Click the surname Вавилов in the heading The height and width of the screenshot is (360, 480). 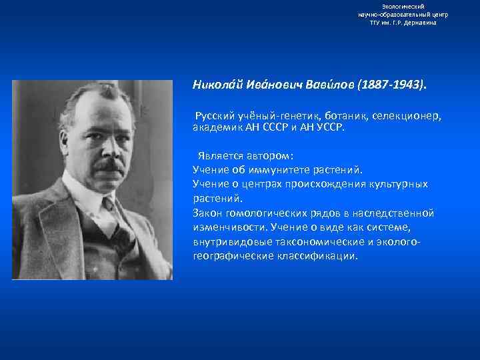pos(331,86)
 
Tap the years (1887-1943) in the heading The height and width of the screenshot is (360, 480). pos(390,86)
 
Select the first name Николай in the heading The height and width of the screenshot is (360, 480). pos(216,86)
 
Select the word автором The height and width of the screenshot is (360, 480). pos(270,156)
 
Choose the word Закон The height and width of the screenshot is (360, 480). pos(207,213)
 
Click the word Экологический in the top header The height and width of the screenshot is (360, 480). pos(403,6)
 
